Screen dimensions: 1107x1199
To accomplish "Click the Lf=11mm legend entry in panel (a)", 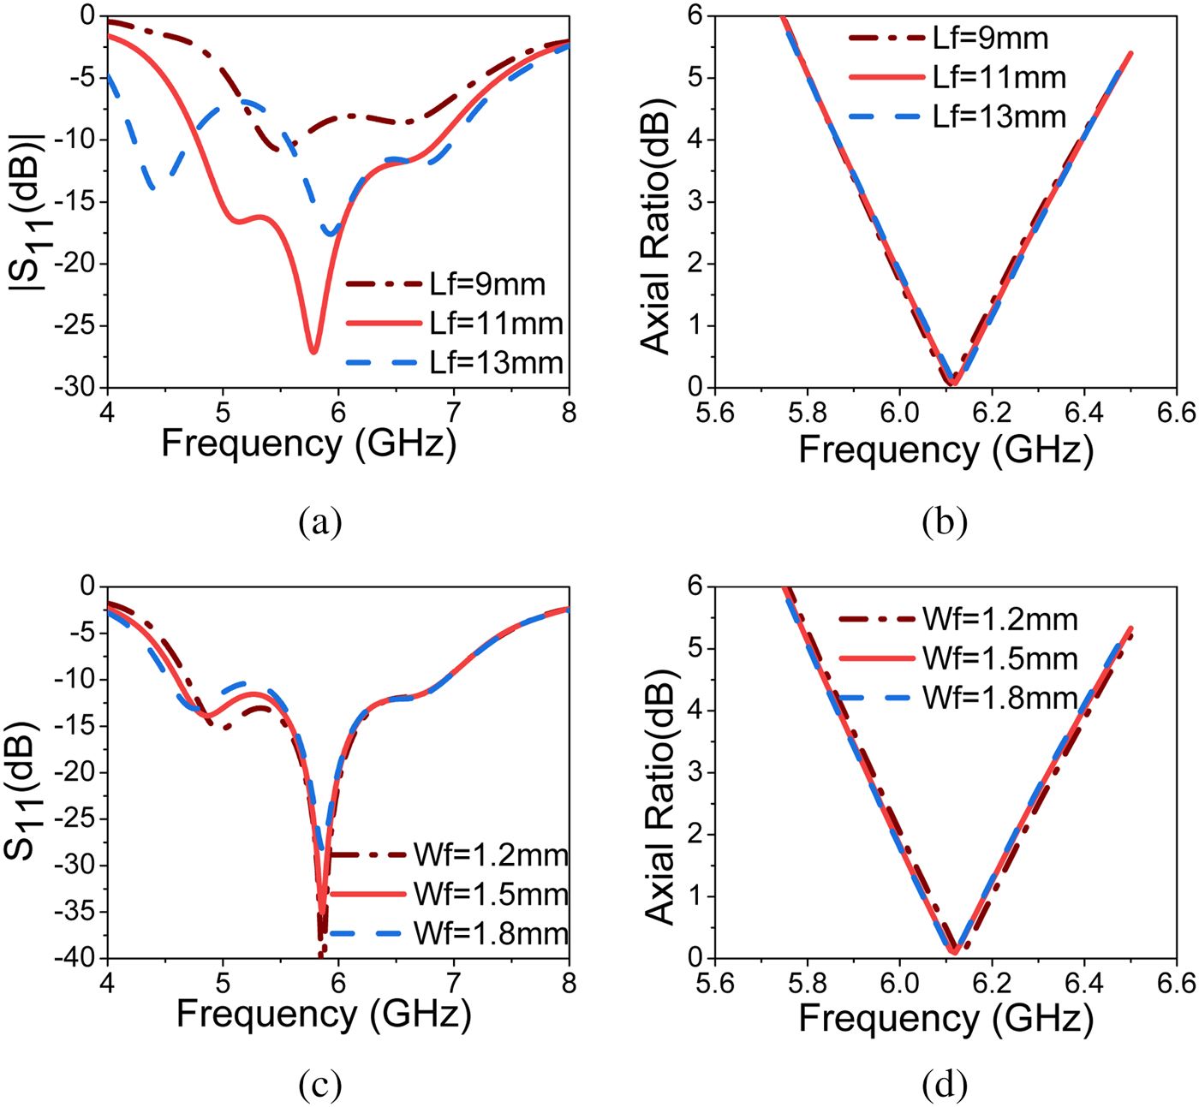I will tap(455, 324).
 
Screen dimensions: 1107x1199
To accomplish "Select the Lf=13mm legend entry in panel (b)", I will tap(958, 116).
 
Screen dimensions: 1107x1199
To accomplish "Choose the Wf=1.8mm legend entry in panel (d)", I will tap(958, 699).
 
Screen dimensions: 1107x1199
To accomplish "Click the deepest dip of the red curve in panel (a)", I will tap(314, 350).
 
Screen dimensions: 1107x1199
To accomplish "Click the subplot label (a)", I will tap(320, 520).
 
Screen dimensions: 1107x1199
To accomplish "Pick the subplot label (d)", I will tap(945, 1086).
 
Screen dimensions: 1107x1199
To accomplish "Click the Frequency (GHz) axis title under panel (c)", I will tap(324, 1015).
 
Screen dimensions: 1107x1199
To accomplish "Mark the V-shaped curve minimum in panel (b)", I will tap(951, 382).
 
